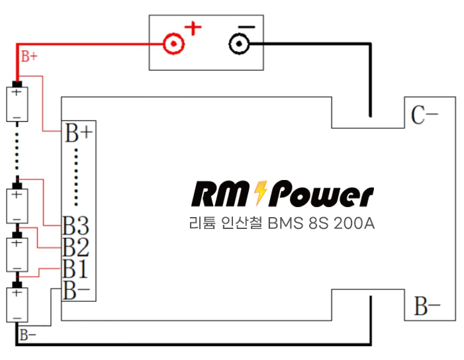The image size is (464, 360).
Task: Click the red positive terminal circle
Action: (173, 44)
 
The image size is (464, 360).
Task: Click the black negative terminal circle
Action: (239, 44)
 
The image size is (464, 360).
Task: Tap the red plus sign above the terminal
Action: (193, 28)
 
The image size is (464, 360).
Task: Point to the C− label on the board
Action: (424, 114)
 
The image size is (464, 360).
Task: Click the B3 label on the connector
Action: (75, 226)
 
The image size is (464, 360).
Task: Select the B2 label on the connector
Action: (75, 247)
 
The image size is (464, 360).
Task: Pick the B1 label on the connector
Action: (75, 268)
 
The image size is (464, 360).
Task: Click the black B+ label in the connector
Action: (79, 133)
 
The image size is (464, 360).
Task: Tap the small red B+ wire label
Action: (29, 56)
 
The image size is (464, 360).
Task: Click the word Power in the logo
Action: (321, 194)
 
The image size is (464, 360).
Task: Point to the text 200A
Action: (354, 223)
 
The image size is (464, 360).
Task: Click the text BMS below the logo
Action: (286, 223)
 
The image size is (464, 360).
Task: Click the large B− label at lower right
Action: (427, 306)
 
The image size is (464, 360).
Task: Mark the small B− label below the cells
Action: (28, 335)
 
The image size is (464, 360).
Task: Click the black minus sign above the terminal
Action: (246, 27)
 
